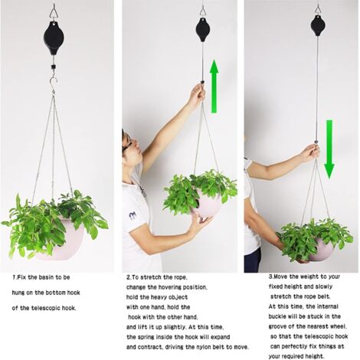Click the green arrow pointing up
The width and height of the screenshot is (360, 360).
tap(214, 87)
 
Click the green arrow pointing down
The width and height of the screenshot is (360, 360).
tap(329, 149)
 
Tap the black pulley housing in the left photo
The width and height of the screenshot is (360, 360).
tap(54, 36)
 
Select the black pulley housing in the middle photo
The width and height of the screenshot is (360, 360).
tap(203, 30)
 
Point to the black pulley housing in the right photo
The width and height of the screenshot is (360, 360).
tap(318, 26)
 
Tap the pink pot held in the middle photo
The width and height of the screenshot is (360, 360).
tap(208, 205)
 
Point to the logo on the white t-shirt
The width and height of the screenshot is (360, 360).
tap(133, 216)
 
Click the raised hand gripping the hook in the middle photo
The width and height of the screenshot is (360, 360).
tap(197, 94)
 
